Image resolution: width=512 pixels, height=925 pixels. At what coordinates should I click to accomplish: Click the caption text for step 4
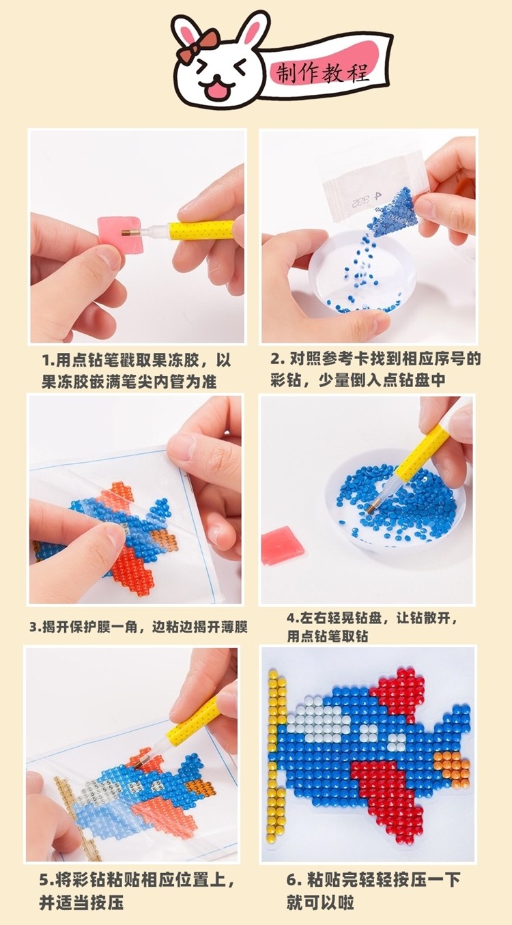(372, 627)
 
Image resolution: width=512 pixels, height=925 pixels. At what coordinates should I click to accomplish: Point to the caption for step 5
(137, 890)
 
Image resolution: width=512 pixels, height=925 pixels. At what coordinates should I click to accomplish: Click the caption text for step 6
(372, 890)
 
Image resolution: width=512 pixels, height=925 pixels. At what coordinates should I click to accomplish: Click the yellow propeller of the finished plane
(276, 758)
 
